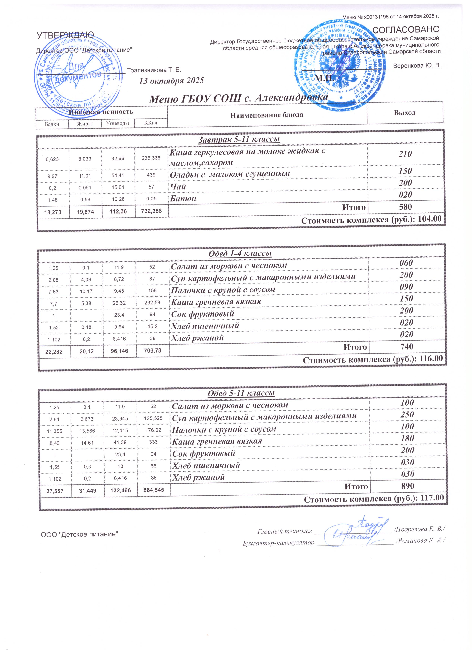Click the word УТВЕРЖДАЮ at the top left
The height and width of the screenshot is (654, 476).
65,35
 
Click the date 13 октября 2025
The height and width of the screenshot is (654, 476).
171,80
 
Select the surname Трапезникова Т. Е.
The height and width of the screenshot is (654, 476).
154,70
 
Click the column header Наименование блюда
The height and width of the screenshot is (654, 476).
267,115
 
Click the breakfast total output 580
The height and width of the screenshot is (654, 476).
405,207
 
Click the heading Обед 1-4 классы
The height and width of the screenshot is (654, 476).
240,253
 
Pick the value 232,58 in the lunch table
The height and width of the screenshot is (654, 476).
152,302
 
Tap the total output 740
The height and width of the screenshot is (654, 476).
406,346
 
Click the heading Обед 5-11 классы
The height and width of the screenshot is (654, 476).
241,393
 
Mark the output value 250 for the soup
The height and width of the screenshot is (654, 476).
407,414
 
